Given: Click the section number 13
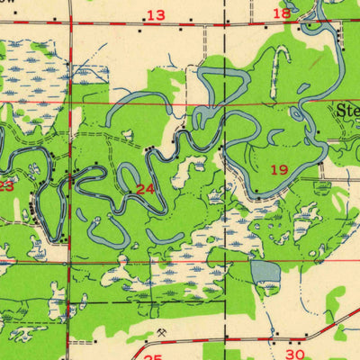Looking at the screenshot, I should point(157,14).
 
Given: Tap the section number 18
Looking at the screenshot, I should point(282,13).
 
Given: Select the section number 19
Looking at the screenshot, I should point(279,169).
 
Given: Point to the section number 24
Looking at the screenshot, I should point(145,188).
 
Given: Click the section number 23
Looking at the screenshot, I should point(5,185).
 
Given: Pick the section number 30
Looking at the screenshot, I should point(296,355).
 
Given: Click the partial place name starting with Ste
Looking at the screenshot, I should point(348,112).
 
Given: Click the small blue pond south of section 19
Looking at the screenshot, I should point(265,271).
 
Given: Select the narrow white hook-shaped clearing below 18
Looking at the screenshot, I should point(277,63).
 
